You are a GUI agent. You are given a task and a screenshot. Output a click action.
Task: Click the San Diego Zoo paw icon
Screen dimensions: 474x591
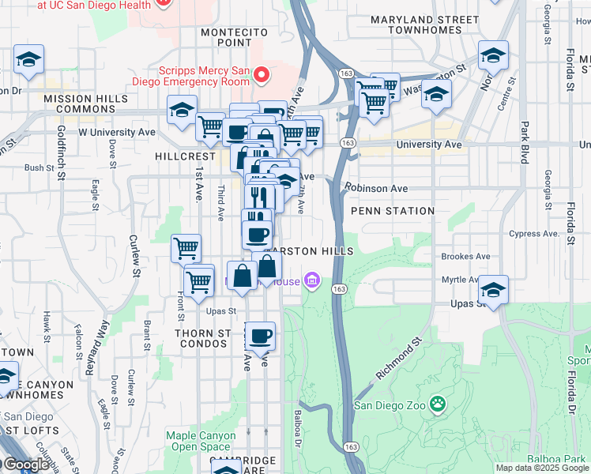[x=437, y=405]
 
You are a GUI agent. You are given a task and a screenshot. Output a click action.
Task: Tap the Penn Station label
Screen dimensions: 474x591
[x=392, y=211]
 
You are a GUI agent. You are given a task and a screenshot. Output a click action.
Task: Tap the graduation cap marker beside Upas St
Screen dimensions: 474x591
[x=493, y=291]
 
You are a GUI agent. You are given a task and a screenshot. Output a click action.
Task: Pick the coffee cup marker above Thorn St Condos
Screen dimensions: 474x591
[x=260, y=336]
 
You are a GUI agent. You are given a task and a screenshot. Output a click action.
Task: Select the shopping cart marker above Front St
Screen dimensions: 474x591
[x=186, y=248]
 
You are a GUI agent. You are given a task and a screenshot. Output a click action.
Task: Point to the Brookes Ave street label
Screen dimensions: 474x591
[x=465, y=257]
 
